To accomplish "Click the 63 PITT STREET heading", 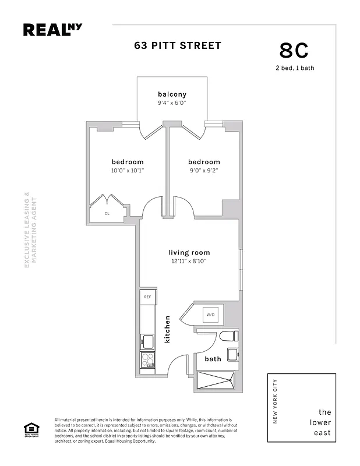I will pyautogui.click(x=178, y=45).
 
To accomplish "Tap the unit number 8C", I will pyautogui.click(x=294, y=51).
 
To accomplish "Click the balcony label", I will pyautogui.click(x=172, y=94).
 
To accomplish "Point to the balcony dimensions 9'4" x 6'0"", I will pyautogui.click(x=172, y=103).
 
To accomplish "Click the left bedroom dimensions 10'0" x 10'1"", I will pyautogui.click(x=127, y=171).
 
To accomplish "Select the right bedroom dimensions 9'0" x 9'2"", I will pyautogui.click(x=204, y=171).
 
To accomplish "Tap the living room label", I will pyautogui.click(x=189, y=252).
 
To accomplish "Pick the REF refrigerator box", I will pyautogui.click(x=147, y=297).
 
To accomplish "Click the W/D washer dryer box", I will pyautogui.click(x=209, y=315).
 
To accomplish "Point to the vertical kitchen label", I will pyautogui.click(x=167, y=329).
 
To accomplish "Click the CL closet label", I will pyautogui.click(x=107, y=214).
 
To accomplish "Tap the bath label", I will pyautogui.click(x=213, y=359).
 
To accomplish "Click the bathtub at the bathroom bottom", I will pyautogui.click(x=216, y=380).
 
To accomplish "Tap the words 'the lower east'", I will pyautogui.click(x=320, y=422).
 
